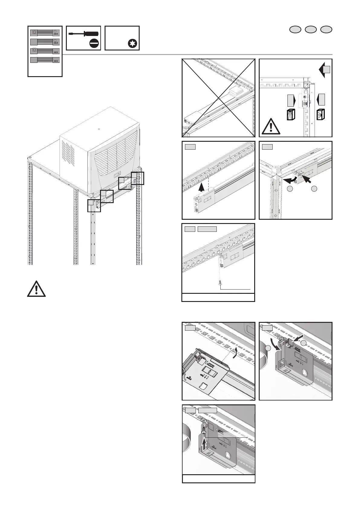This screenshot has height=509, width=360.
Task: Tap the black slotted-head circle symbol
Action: (x=94, y=44)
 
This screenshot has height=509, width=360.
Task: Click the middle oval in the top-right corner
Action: (x=311, y=29)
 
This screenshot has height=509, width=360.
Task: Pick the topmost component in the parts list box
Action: (x=45, y=32)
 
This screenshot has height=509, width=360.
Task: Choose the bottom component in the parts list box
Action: (x=45, y=60)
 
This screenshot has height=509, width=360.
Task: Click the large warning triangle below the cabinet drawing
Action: (x=36, y=289)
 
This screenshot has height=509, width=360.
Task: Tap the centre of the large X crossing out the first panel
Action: (x=218, y=98)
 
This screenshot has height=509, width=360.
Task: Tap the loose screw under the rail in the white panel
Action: (x=220, y=283)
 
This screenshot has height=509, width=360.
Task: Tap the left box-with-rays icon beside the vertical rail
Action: (x=290, y=115)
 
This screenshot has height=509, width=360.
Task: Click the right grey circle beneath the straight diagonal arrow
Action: (x=314, y=189)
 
